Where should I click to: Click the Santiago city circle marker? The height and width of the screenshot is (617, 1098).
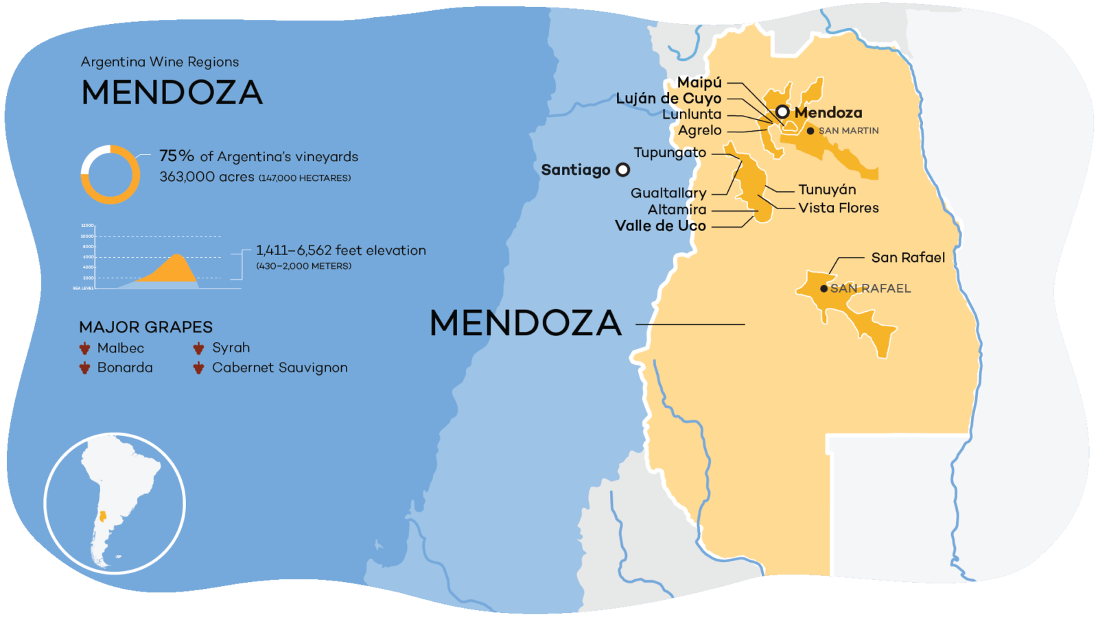622,169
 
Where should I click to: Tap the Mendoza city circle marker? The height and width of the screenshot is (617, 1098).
782,112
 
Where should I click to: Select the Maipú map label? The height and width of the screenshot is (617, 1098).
699,82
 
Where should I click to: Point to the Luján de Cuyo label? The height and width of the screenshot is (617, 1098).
668,98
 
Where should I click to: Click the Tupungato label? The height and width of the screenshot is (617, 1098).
670,152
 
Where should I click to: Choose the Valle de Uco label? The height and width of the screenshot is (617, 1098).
660,226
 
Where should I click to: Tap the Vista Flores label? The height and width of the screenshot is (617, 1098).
839,208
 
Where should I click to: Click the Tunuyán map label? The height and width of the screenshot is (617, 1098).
827,189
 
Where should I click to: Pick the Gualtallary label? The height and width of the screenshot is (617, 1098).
668,193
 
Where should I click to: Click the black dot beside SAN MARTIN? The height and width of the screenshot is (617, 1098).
810,131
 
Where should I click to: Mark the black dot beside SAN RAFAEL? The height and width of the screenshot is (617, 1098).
823,289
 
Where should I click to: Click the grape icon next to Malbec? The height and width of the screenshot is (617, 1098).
85,348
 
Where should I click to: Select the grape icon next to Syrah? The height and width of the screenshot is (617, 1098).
199,348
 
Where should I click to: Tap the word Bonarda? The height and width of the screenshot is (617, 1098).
125,367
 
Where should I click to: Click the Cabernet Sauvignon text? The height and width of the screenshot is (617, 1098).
280,367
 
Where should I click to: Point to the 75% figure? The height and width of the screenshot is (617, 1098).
176,156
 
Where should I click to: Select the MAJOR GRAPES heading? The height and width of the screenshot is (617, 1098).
145,327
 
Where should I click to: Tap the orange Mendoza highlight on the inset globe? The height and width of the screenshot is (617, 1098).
103,516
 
